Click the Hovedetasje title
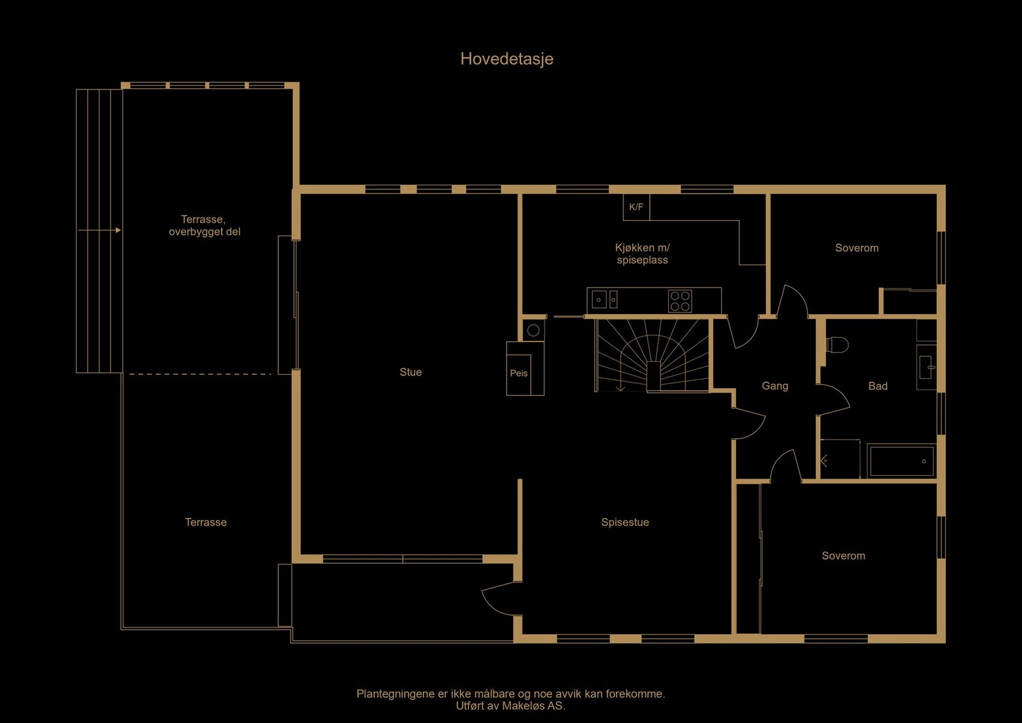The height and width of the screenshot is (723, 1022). coord(507,59)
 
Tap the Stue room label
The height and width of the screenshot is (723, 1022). coord(411,372)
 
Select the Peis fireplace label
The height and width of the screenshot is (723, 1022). coord(519,374)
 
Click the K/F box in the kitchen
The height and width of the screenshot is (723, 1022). coord(636,207)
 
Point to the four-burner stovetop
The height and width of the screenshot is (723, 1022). coord(680,301)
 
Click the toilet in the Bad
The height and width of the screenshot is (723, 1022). coord(837,346)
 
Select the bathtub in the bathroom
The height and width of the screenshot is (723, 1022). coord(901,461)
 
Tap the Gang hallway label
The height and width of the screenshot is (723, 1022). coord(775,386)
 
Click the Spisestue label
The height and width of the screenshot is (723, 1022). coord(625,522)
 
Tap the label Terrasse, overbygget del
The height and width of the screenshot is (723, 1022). coord(204,225)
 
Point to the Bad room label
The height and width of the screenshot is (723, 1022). coord(878,386)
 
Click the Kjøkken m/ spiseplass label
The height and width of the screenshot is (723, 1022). coord(643,254)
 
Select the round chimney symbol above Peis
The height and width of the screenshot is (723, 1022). coord(533,330)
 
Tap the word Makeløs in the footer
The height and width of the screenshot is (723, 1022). coord(523,706)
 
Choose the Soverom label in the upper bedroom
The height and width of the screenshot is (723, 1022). coord(857,248)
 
